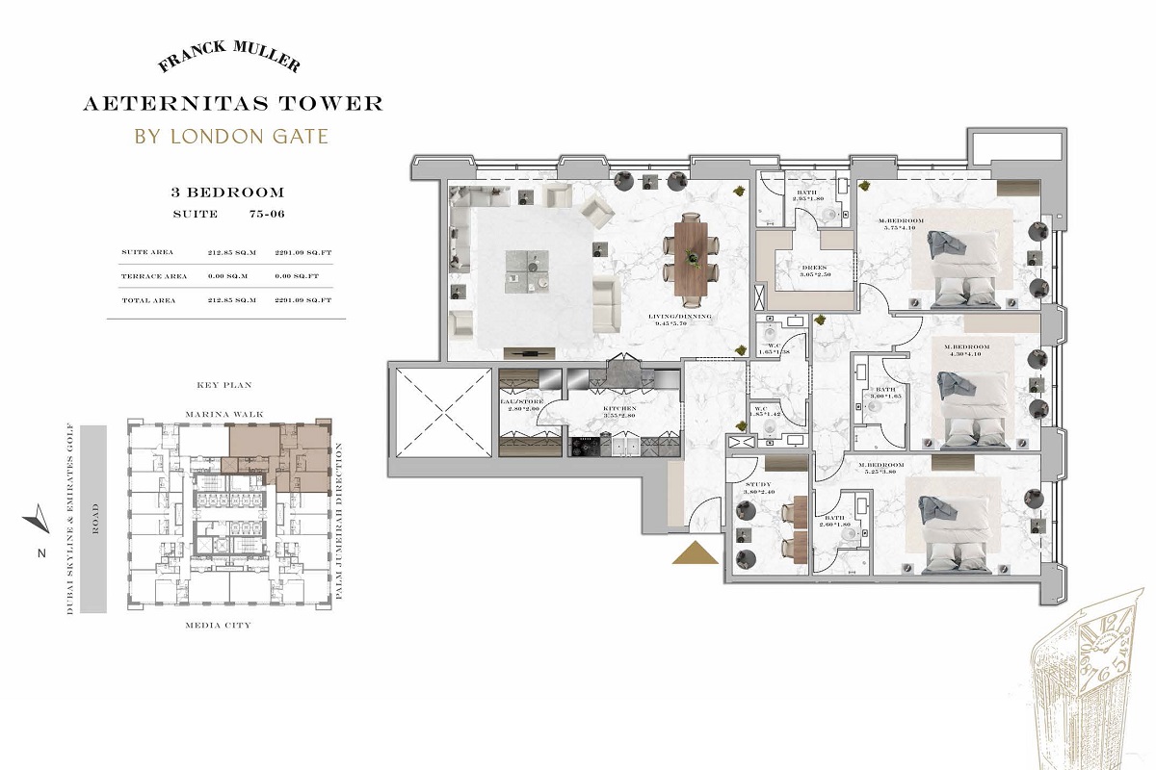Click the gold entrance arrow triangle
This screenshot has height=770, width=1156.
[694, 555]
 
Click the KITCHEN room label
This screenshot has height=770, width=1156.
[592, 409]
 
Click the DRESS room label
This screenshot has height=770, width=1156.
[789, 269]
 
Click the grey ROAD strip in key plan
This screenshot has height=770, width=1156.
[93, 519]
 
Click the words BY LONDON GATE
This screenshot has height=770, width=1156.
[230, 136]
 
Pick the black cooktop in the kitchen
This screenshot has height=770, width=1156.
[586, 446]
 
